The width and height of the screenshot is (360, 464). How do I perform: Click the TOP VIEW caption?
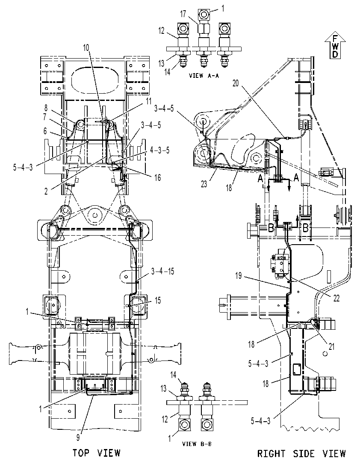(97, 452)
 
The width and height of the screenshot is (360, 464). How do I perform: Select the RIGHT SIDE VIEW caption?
(301, 453)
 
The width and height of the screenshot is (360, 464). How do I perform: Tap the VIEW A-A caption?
(204, 76)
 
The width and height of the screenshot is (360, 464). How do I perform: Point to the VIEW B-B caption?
(197, 443)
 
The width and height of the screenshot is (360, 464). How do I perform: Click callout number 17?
(183, 14)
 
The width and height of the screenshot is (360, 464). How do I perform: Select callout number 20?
(236, 83)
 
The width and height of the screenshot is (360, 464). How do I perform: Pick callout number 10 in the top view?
(86, 47)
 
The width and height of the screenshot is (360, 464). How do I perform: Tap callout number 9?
(78, 437)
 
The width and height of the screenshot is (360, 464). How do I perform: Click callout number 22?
(336, 298)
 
